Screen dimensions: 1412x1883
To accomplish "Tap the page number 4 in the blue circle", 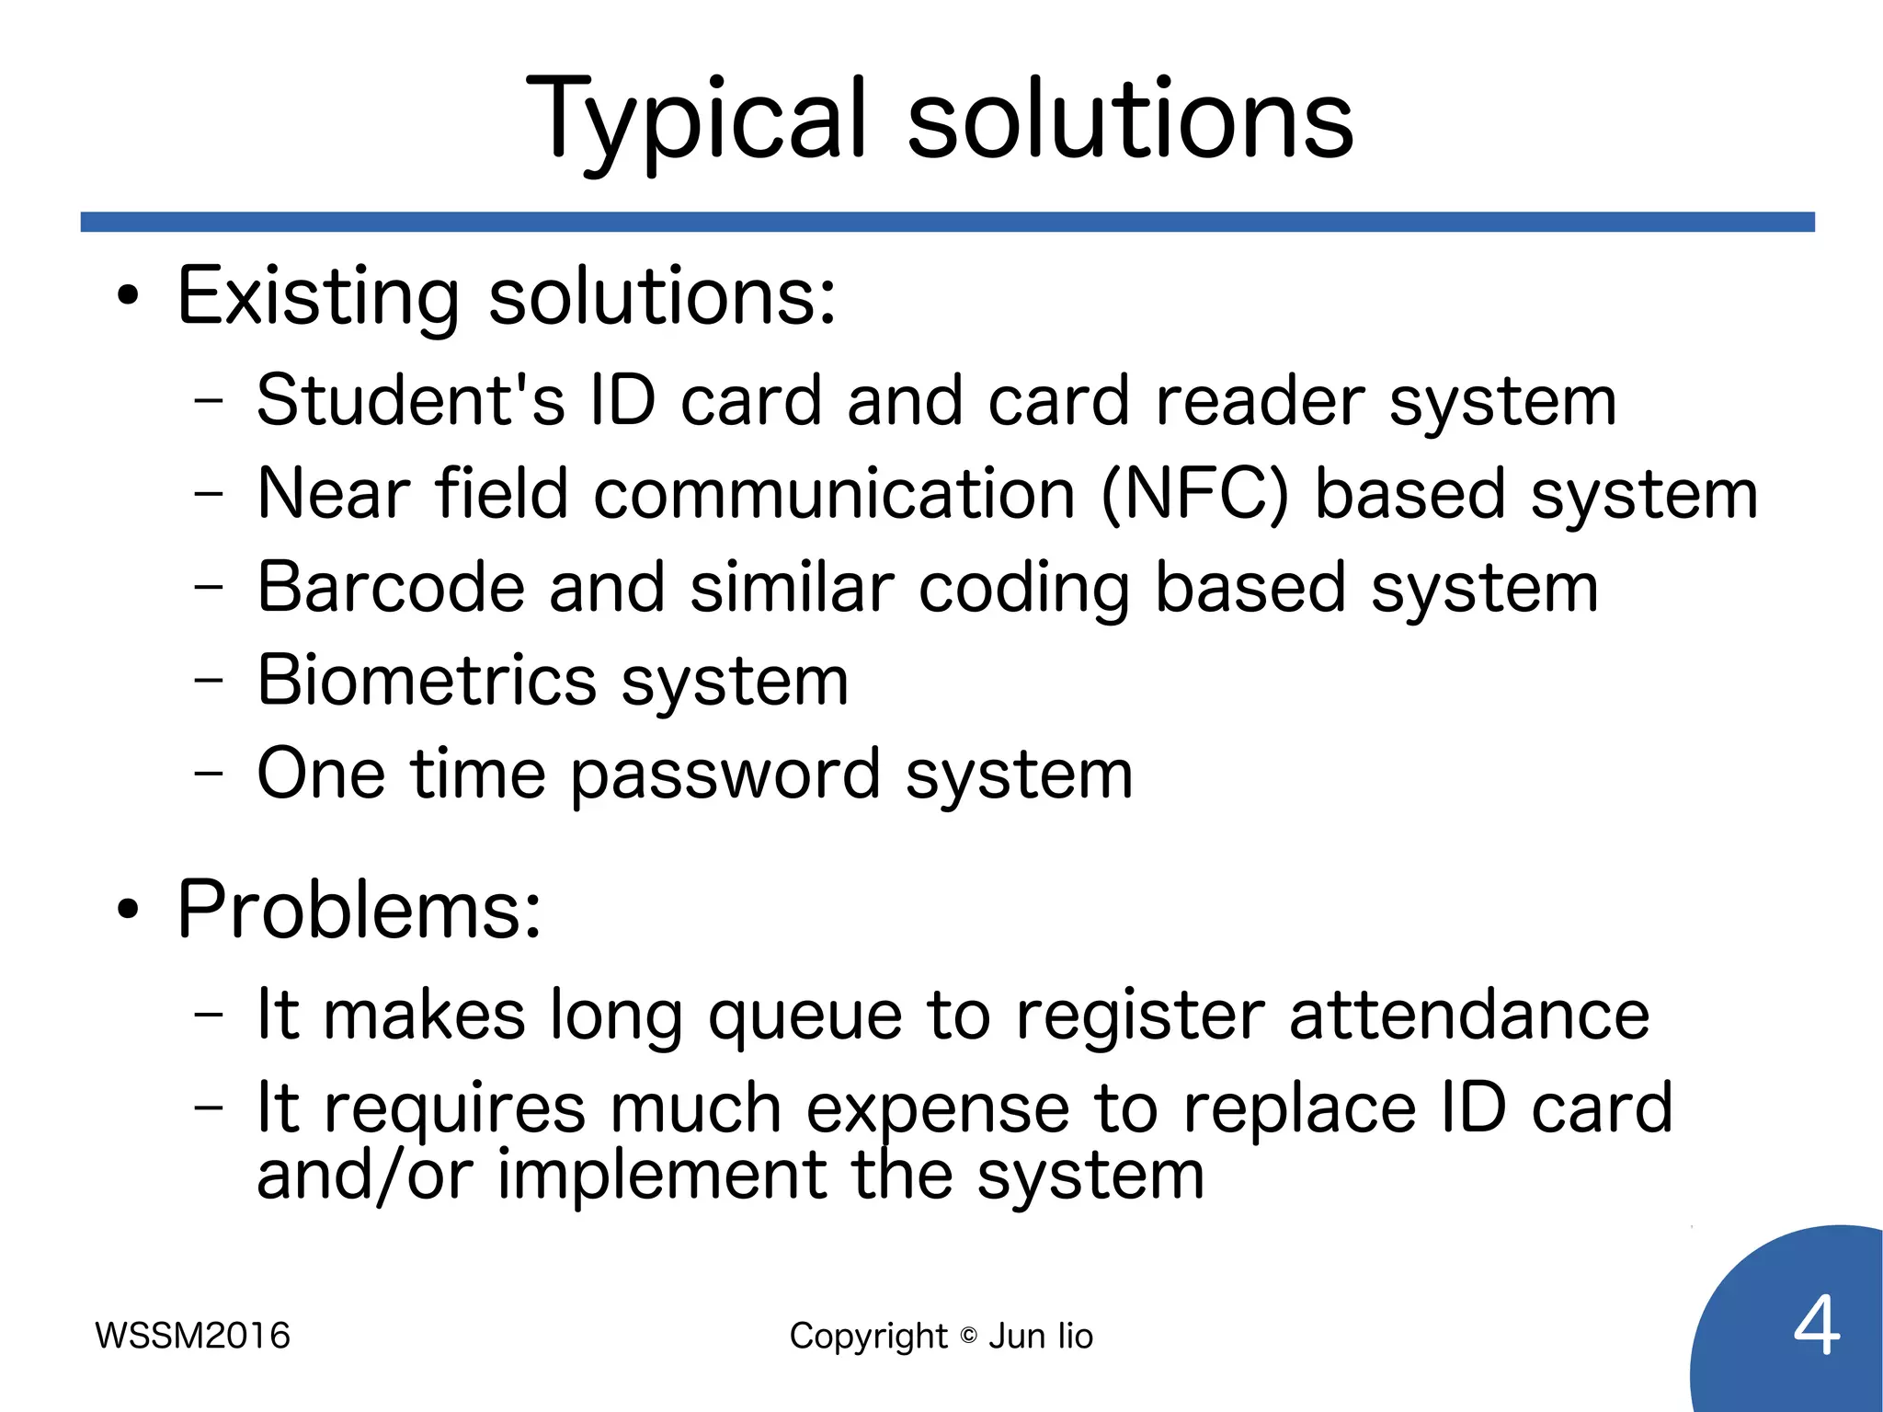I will (x=1816, y=1326).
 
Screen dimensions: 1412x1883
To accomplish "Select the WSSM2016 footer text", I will (x=192, y=1336).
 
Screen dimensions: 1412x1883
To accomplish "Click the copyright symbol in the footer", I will (x=968, y=1336).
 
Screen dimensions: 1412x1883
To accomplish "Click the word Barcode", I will (x=390, y=588).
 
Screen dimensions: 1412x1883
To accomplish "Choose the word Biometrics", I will (x=427, y=681).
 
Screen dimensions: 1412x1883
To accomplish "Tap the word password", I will (x=725, y=775).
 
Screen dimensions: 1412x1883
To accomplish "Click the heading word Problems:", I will (x=359, y=910).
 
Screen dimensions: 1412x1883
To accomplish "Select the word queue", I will (x=805, y=1016).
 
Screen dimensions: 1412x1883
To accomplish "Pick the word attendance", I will (x=1468, y=1016).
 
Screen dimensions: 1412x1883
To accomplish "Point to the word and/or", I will (x=365, y=1176).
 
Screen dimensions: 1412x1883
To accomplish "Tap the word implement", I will (x=662, y=1176).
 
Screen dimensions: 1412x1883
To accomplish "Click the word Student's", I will (x=410, y=401).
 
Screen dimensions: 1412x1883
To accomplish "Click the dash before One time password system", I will (x=209, y=774).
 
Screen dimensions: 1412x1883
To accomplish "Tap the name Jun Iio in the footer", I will (x=1041, y=1336).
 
